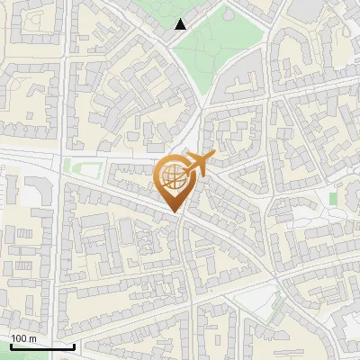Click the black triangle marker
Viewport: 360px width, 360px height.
(182, 24)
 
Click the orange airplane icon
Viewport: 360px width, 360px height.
(199, 165)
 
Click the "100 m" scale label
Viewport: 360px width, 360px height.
(23, 337)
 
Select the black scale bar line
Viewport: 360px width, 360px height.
(42, 347)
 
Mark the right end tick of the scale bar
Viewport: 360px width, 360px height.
(74, 345)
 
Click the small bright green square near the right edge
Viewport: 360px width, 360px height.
(334, 198)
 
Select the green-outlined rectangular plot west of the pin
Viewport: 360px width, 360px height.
(87, 167)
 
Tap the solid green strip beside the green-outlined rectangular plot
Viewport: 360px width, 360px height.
(67, 166)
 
